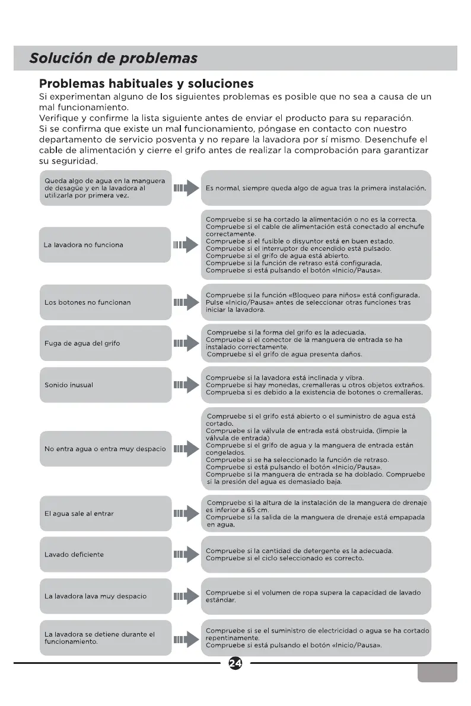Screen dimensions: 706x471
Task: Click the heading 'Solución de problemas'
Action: (x=113, y=59)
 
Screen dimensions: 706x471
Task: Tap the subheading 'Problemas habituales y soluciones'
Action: (x=146, y=84)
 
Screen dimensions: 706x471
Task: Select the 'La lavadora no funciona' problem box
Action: (x=105, y=245)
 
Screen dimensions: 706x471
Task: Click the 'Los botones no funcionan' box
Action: (x=105, y=302)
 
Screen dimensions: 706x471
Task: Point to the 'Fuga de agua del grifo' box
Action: (x=105, y=343)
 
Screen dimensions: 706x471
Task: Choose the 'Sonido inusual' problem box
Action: (x=105, y=385)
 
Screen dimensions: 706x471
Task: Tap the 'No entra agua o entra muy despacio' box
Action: (x=105, y=449)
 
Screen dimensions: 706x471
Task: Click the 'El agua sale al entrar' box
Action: (x=105, y=513)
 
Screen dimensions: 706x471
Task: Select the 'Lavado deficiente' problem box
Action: (x=105, y=555)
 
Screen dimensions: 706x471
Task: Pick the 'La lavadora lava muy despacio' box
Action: (x=105, y=596)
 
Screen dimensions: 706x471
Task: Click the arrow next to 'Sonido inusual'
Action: (x=186, y=385)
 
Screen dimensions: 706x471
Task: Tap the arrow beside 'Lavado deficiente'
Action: (x=186, y=555)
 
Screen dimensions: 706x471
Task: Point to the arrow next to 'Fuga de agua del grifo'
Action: (x=186, y=343)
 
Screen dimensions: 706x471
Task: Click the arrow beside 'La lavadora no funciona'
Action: (x=186, y=245)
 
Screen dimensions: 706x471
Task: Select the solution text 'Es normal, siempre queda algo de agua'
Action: (x=316, y=188)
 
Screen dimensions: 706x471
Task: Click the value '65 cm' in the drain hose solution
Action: (x=255, y=510)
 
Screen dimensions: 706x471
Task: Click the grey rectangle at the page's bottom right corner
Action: (x=437, y=672)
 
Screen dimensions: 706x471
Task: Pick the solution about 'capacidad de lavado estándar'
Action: (x=316, y=596)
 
